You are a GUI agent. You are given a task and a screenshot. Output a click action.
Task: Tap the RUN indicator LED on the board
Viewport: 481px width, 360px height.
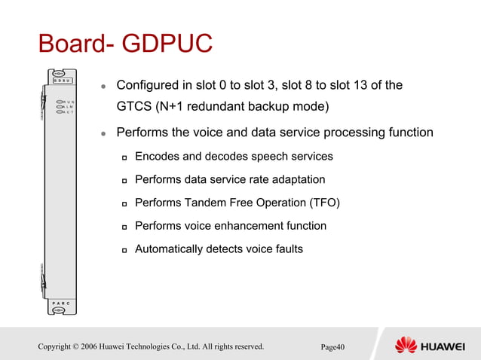(60, 101)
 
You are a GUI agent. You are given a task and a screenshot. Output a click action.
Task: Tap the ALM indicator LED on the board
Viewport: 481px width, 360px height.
(60, 107)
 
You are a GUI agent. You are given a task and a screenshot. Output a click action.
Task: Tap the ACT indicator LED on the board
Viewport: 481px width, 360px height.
(60, 113)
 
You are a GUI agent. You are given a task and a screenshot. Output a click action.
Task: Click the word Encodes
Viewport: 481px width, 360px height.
(156, 157)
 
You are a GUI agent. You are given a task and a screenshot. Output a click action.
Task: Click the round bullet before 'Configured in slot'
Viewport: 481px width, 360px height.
(105, 86)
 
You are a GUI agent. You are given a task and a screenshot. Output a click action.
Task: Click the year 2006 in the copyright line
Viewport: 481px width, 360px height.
(102, 346)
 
